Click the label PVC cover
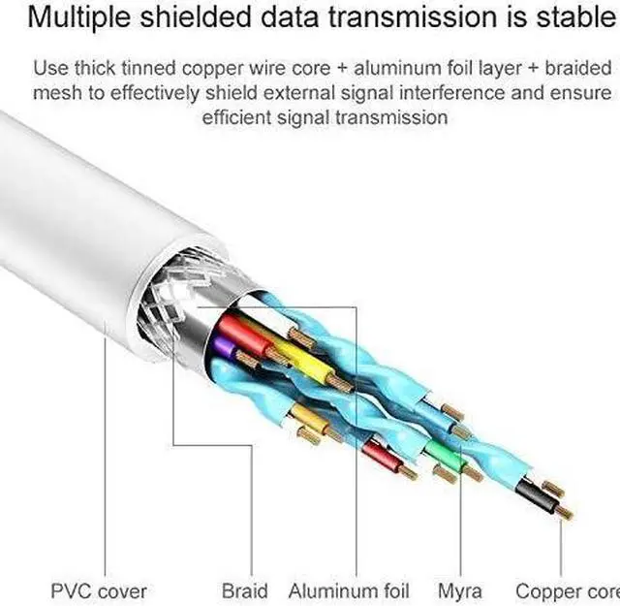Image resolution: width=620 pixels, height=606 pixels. pos(100,590)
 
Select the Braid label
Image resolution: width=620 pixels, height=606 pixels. pos(244,590)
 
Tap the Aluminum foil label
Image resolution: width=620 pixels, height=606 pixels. pos(349,590)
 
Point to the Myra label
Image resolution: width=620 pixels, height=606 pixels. pos(460,590)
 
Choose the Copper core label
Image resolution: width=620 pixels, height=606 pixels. pos(567,590)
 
